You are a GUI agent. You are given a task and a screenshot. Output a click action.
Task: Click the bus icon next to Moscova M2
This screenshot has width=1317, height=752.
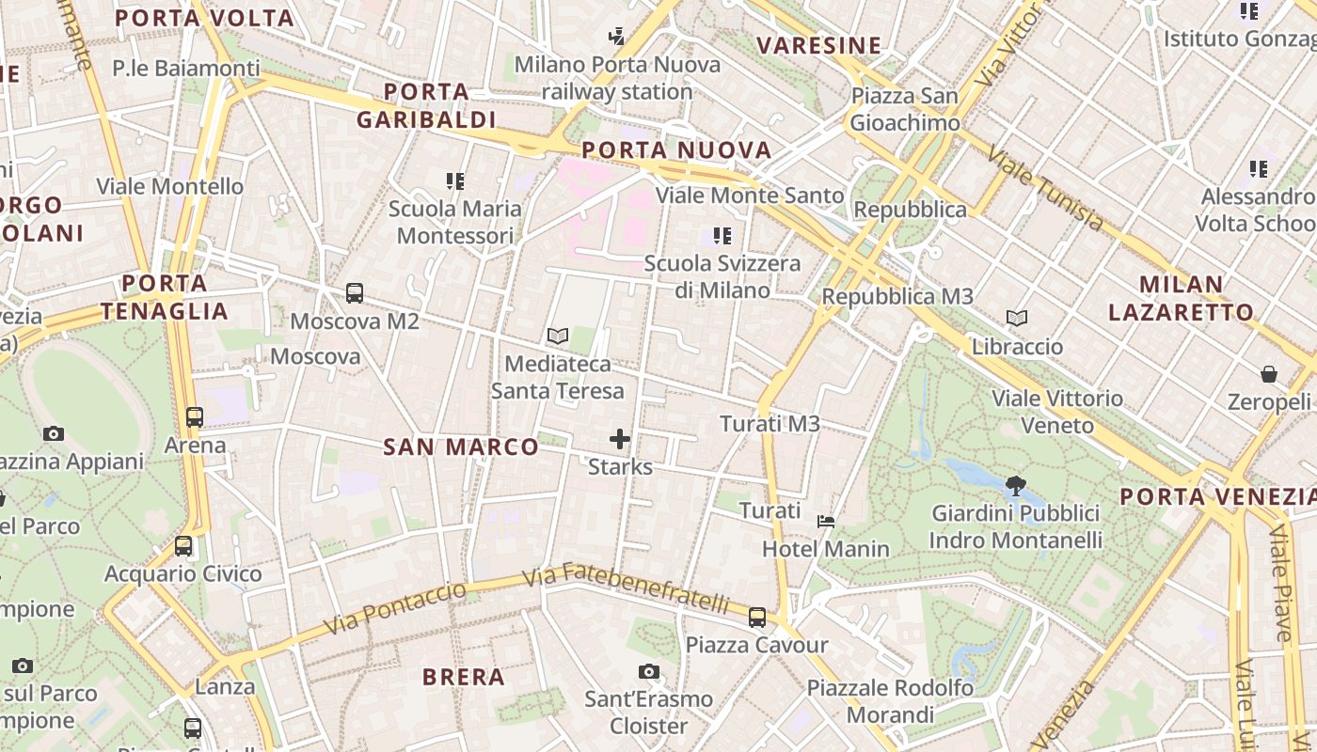tap(355, 293)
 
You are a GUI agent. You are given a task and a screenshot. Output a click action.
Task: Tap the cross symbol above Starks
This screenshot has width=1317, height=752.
tap(620, 439)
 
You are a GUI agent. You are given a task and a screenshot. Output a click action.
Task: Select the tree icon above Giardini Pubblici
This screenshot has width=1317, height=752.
tap(1015, 486)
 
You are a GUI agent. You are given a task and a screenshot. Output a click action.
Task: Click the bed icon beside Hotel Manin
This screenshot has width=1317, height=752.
tap(826, 522)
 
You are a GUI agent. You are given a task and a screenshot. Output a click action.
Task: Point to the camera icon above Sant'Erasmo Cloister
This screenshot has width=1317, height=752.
tap(648, 671)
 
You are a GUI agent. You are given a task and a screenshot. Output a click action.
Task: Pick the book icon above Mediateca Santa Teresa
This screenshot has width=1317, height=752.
tap(558, 336)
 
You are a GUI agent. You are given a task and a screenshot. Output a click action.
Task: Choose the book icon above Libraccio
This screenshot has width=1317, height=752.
tap(1017, 319)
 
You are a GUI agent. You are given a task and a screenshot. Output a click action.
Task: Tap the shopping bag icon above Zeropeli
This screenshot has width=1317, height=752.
tap(1269, 374)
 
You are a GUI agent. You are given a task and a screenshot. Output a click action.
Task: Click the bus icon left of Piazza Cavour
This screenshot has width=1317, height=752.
tap(757, 618)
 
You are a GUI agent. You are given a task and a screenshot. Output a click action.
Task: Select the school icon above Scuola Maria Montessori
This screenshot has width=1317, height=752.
tap(455, 180)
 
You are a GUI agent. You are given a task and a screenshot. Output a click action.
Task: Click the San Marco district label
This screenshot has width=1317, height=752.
tap(461, 447)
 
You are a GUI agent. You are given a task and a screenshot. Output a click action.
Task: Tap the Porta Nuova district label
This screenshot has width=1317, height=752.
tap(676, 150)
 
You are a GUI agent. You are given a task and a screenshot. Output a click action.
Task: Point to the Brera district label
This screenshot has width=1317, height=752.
tap(464, 677)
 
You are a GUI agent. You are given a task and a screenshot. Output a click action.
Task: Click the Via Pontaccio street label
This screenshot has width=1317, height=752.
tap(394, 609)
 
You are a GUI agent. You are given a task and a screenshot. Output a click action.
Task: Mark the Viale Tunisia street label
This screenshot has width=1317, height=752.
tap(1045, 188)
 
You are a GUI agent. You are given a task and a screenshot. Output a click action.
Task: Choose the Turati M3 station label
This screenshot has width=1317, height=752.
tap(770, 424)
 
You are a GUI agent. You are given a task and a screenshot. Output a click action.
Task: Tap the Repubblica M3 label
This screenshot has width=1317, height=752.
tap(897, 297)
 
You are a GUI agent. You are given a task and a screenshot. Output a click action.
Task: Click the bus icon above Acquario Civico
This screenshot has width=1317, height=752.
tap(183, 546)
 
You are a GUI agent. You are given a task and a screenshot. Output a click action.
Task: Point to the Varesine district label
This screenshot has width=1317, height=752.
tap(819, 45)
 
